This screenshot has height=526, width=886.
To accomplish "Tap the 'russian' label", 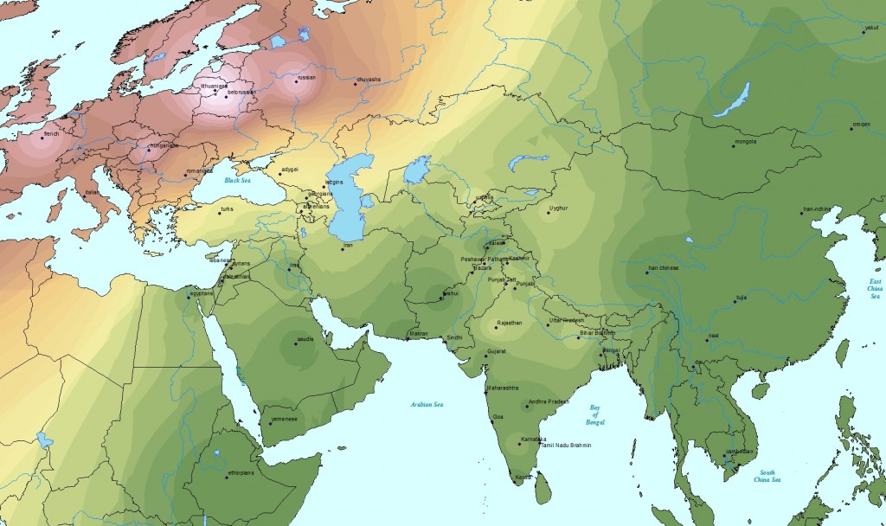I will tap(306, 78).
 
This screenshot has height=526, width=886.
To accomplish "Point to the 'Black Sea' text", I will tap(236, 181).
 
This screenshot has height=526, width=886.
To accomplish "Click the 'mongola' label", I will tap(745, 141).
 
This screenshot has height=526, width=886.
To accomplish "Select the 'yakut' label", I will tap(870, 28).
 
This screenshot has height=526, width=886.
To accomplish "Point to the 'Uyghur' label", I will tap(558, 208).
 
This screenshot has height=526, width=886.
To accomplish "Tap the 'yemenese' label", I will tap(284, 419).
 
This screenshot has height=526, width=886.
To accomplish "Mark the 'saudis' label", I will tap(305, 339).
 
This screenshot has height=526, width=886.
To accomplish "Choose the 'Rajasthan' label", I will tap(508, 323).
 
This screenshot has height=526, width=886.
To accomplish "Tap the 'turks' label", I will tap(227, 209).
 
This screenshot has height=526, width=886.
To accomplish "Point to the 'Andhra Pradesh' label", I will tap(548, 401).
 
